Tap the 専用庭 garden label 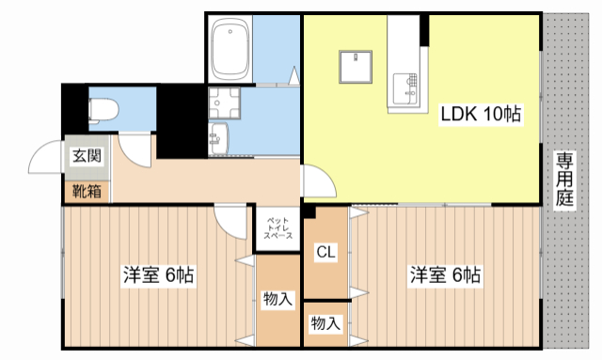(x=564, y=179)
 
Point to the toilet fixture (x=102, y=110)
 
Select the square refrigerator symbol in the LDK (x=356, y=67)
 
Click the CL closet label (x=325, y=251)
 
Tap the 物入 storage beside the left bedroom (x=278, y=300)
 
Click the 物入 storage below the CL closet (x=325, y=324)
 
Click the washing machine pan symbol (x=224, y=102)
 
